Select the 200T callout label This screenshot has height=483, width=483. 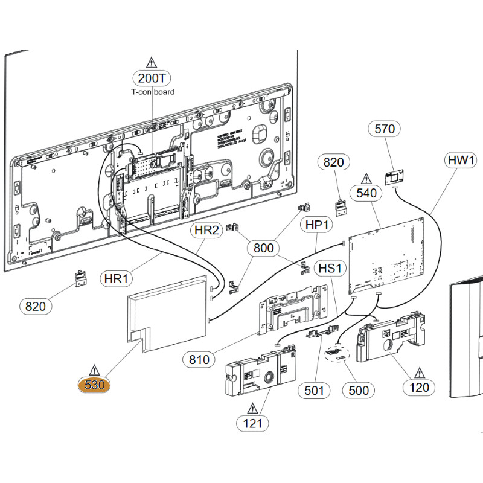tap(152, 78)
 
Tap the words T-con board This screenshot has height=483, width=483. tap(153, 92)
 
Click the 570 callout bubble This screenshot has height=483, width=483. tap(384, 129)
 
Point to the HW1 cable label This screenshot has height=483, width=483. tap(461, 161)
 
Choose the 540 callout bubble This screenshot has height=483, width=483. tap(366, 193)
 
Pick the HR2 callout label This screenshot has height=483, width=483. tap(206, 230)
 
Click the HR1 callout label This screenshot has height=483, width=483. tap(117, 280)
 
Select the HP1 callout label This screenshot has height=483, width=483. tap(316, 225)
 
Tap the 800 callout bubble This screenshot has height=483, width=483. tap(263, 248)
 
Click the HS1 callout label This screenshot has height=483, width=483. tap(330, 268)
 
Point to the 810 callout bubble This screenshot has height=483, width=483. tap(199, 360)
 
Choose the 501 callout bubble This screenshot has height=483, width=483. tap(314, 391)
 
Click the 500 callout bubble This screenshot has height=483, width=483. tap(359, 391)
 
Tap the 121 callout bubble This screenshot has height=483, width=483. tap(252, 423)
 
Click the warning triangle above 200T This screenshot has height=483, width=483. tap(151, 62)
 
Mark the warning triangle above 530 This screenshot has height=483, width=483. tap(94, 369)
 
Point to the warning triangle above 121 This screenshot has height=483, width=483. tap(252, 408)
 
